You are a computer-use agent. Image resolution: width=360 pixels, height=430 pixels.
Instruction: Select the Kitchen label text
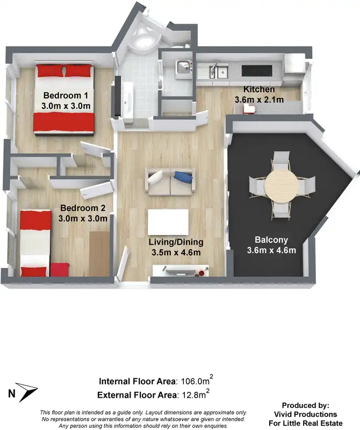(259, 89)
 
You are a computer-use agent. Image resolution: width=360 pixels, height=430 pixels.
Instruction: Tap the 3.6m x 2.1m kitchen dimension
(259, 99)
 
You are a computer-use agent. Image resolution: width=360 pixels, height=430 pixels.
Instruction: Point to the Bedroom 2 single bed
(36, 241)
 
